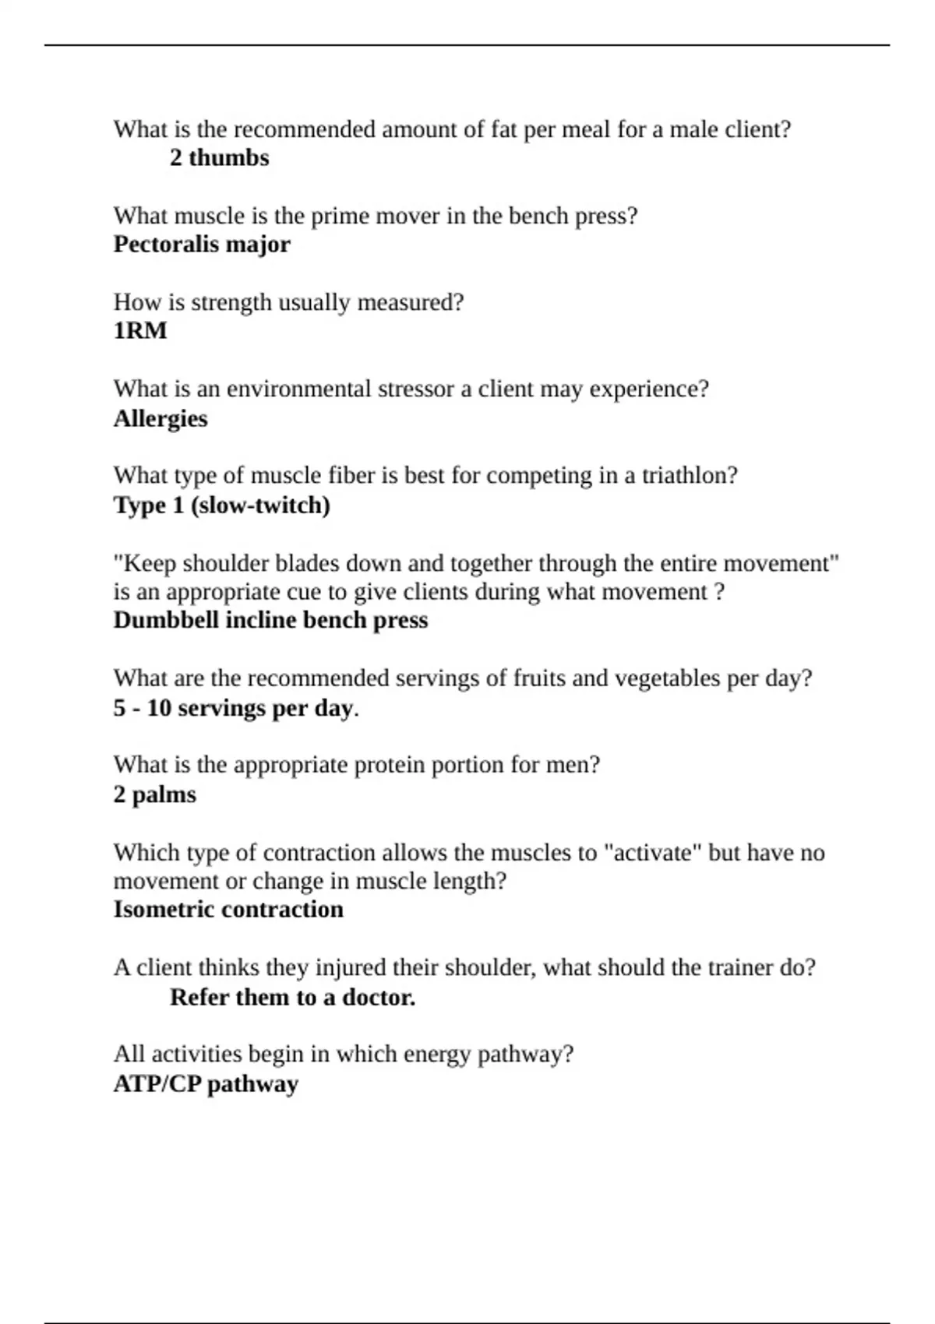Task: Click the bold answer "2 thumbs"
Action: point(219,157)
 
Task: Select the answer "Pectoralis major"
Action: point(202,245)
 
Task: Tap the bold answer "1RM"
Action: point(140,331)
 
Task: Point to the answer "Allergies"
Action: point(161,418)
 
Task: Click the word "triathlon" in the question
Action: point(689,475)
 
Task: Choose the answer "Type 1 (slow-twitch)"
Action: point(222,505)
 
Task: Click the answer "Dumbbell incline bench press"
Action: point(270,620)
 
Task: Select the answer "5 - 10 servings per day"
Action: point(234,708)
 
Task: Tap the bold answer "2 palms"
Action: point(155,794)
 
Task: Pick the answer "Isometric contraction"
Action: point(228,909)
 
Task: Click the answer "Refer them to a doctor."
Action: point(292,997)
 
